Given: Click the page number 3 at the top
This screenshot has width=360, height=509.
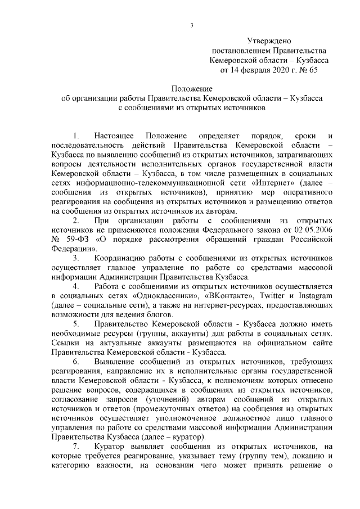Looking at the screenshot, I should coord(192,24).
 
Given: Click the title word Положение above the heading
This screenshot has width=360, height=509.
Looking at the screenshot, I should coord(191,88).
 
